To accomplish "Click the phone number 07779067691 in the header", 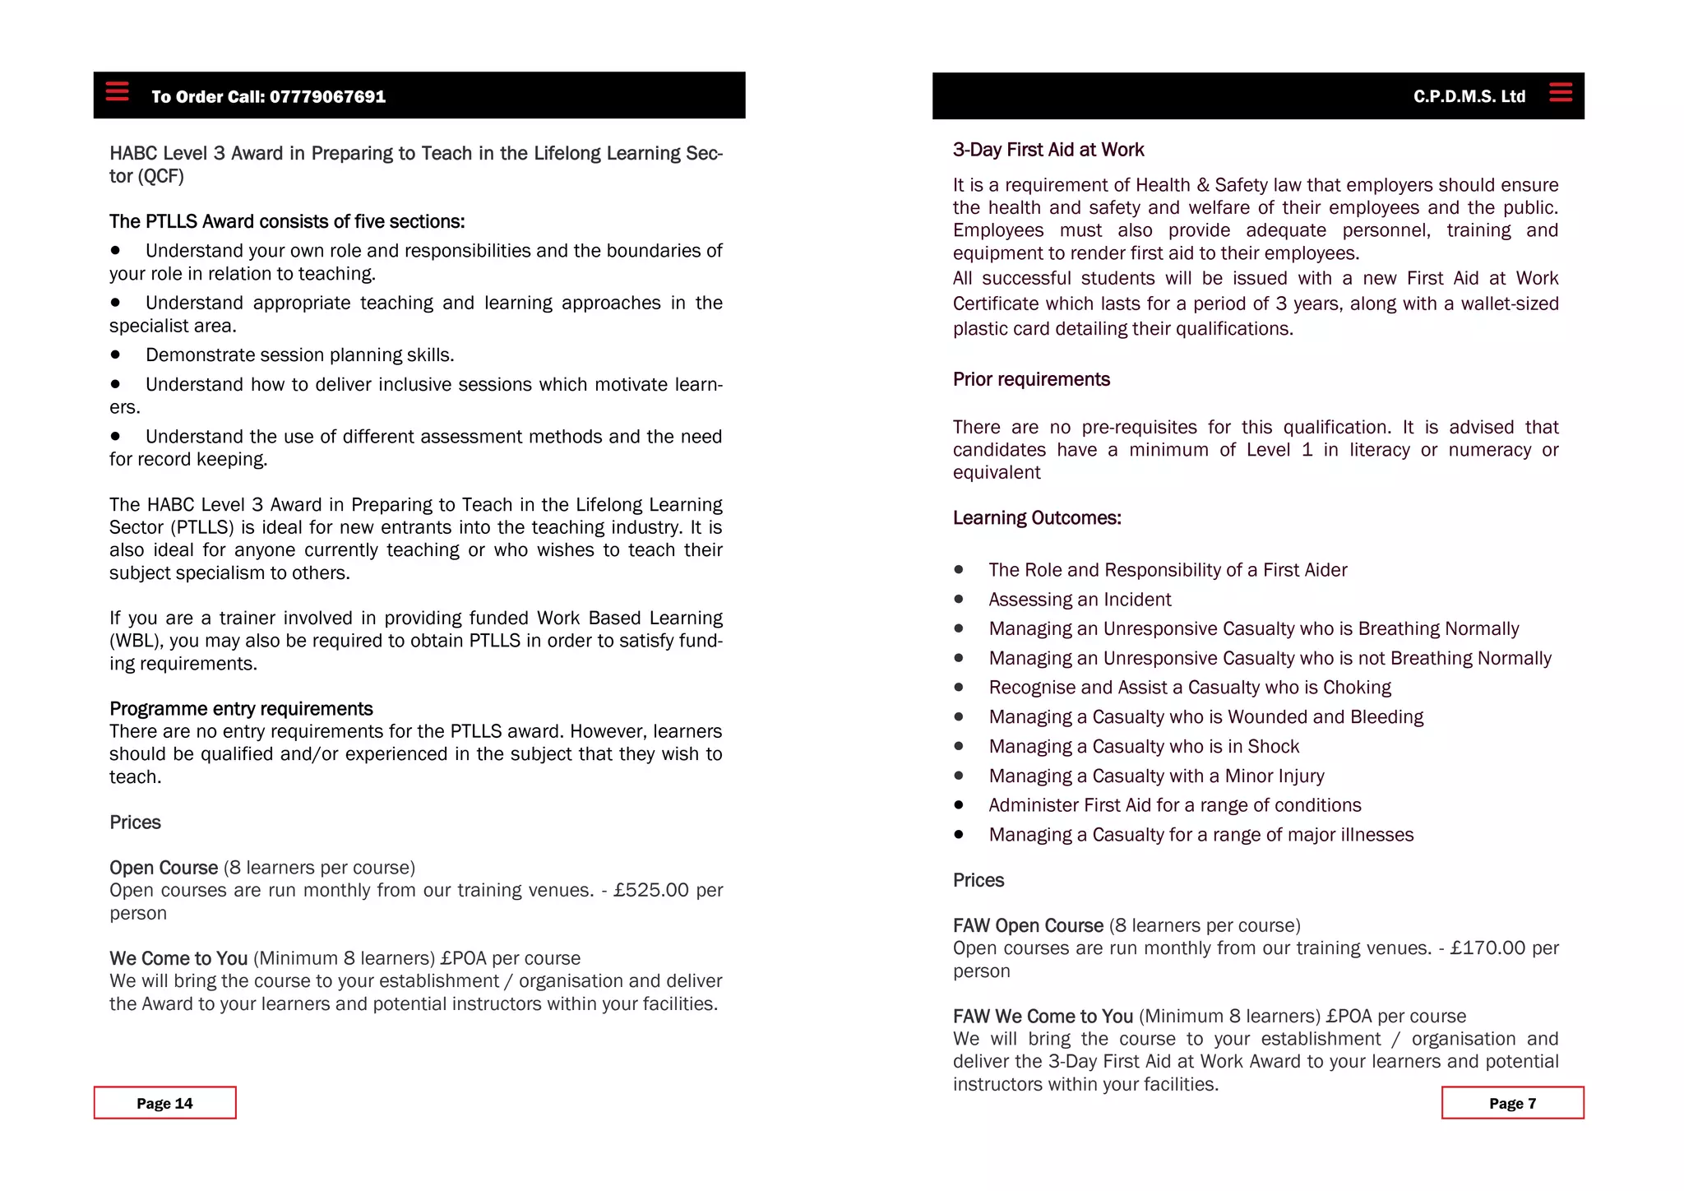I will (x=327, y=97).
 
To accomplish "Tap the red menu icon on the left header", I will (x=118, y=91).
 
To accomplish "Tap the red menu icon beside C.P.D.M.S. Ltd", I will (x=1560, y=92).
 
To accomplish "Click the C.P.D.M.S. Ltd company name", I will (x=1469, y=97).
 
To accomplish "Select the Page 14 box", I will (x=164, y=1103).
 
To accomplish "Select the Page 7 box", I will (x=1512, y=1103).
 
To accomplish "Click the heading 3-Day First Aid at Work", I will (x=1048, y=150).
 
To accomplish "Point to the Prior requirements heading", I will (x=1031, y=379).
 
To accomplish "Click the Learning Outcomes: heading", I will (x=1036, y=518).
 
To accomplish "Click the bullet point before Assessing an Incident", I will (x=959, y=600).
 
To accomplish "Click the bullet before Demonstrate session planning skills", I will (x=116, y=355).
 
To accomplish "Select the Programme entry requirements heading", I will (x=241, y=709).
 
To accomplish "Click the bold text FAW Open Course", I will (x=1028, y=926).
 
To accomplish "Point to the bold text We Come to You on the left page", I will (x=178, y=959).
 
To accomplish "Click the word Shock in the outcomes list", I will (x=1273, y=747).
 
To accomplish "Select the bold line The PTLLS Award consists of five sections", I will (x=287, y=222).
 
